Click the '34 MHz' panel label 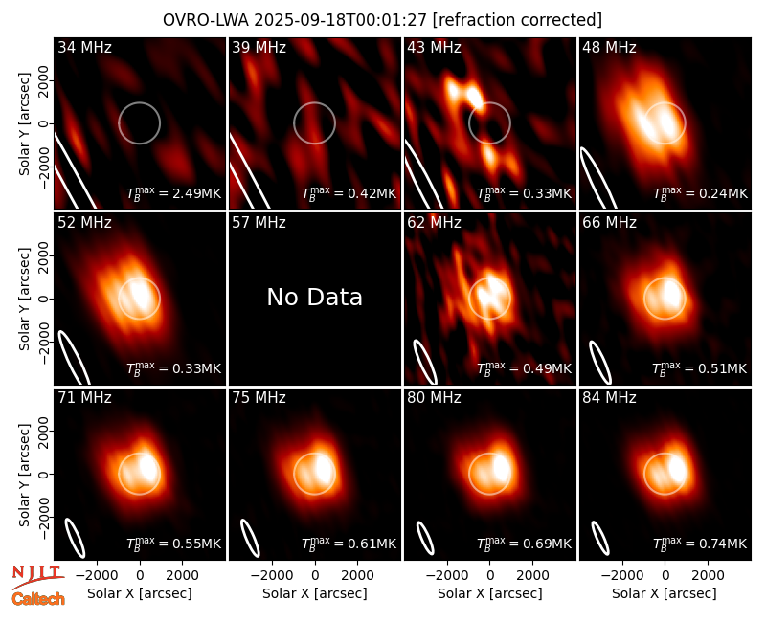pyautogui.click(x=84, y=47)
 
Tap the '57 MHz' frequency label pyautogui.click(x=259, y=223)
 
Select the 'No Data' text pyautogui.click(x=315, y=297)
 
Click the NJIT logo pyautogui.click(x=37, y=577)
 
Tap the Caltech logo pyautogui.click(x=38, y=599)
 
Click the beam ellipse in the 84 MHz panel pyautogui.click(x=600, y=538)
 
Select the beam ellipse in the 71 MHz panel pyautogui.click(x=75, y=538)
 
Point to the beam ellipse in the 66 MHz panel pyautogui.click(x=600, y=362)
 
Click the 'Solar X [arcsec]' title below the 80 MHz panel pyautogui.click(x=490, y=593)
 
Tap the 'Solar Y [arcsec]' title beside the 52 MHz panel pyautogui.click(x=24, y=300)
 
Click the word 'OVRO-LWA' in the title pyautogui.click(x=205, y=20)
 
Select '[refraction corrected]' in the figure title pyautogui.click(x=517, y=20)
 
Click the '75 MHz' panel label pyautogui.click(x=259, y=398)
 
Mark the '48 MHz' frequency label pyautogui.click(x=609, y=47)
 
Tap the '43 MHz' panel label pyautogui.click(x=435, y=47)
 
